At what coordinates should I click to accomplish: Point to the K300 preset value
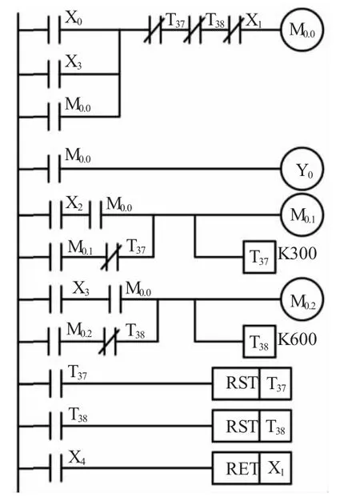pyautogui.click(x=298, y=254)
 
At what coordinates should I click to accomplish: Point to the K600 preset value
pyautogui.click(x=298, y=339)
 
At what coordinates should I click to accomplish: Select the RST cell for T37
pyautogui.click(x=236, y=383)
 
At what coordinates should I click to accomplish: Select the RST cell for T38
pyautogui.click(x=236, y=426)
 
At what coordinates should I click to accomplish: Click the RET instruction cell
pyautogui.click(x=236, y=468)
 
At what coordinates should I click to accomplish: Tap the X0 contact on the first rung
pyautogui.click(x=54, y=30)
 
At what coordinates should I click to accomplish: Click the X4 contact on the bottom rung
pyautogui.click(x=56, y=468)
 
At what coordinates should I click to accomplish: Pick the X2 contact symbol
pyautogui.click(x=56, y=215)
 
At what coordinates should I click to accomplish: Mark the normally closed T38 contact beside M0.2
pyautogui.click(x=109, y=342)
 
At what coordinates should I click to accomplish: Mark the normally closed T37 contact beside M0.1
pyautogui.click(x=111, y=257)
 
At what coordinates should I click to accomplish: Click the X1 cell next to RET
pyautogui.click(x=275, y=468)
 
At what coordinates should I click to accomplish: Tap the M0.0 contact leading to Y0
pyautogui.click(x=54, y=169)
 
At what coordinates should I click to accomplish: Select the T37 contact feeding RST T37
pyautogui.click(x=56, y=383)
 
